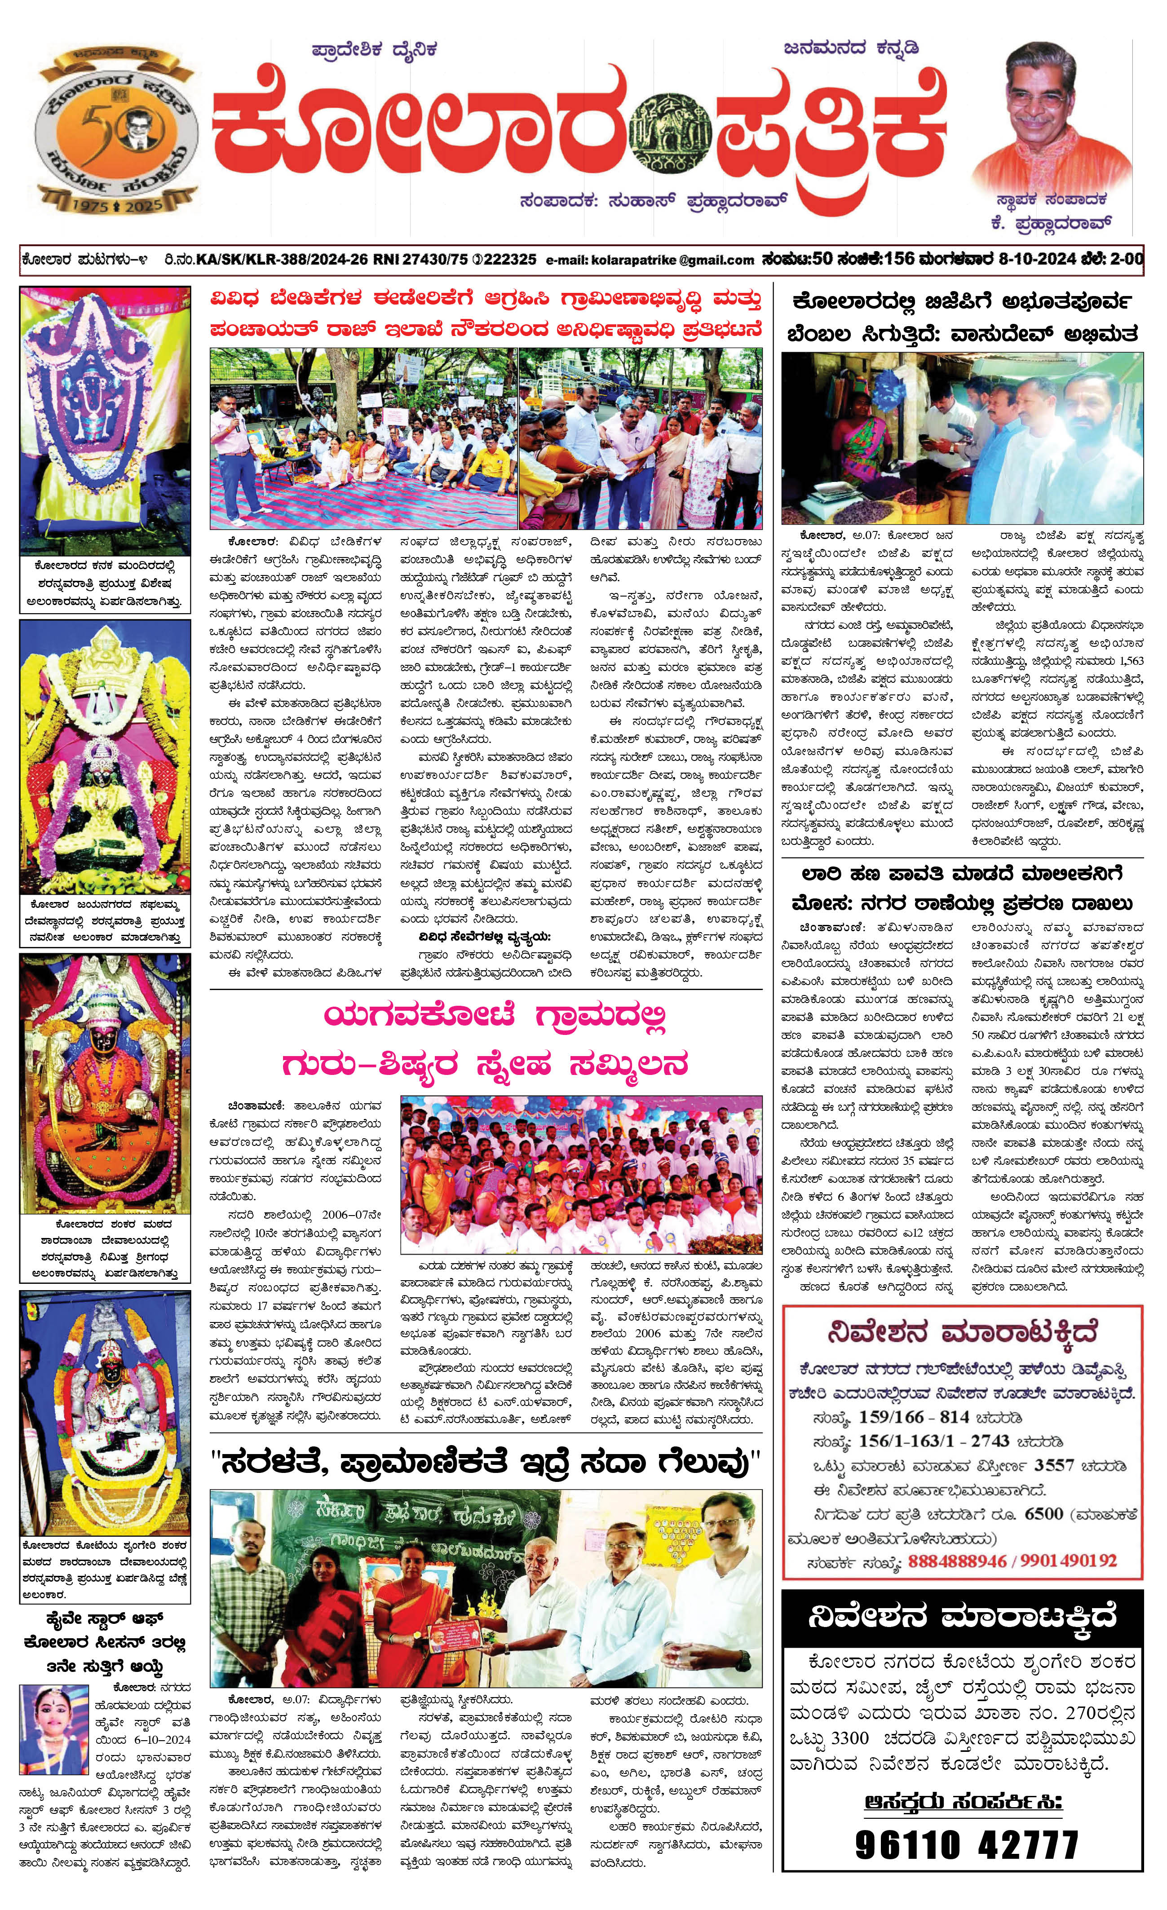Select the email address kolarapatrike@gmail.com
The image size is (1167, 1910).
[x=650, y=261]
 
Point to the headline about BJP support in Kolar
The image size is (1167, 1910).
[x=963, y=318]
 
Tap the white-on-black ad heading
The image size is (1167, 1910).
[x=963, y=1617]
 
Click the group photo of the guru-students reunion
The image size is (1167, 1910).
[x=581, y=1174]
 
